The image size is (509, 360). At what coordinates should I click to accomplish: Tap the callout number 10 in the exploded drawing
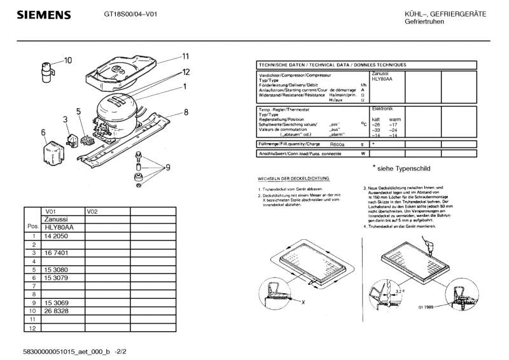click(x=67, y=60)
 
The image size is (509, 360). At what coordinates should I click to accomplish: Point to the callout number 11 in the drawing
click(x=186, y=55)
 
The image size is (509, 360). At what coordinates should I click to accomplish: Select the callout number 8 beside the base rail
click(x=186, y=113)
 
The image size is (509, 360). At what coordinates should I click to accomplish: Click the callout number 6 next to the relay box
click(x=44, y=132)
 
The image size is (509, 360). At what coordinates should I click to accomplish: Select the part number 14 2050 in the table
click(x=57, y=235)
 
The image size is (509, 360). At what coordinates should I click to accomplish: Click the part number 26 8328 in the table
click(x=57, y=311)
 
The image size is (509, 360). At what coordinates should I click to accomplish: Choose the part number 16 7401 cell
click(x=57, y=253)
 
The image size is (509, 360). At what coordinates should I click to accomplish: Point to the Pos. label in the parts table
click(x=32, y=226)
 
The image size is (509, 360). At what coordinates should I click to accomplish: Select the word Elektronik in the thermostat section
click(x=382, y=109)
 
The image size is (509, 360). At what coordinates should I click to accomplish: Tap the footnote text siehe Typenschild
click(x=405, y=169)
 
